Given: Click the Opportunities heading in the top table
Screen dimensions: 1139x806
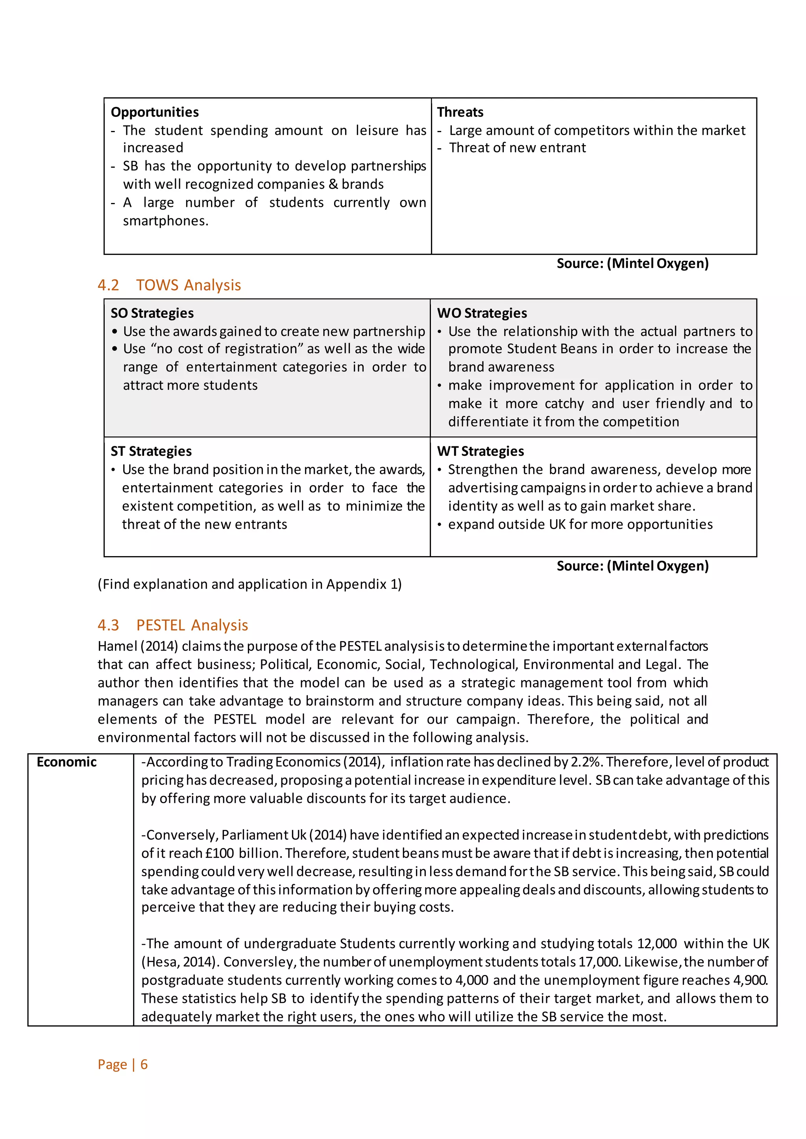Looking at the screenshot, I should tap(154, 112).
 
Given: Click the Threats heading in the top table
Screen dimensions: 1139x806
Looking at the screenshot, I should tap(460, 112).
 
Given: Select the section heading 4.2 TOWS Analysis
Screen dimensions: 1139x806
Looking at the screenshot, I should tap(169, 285).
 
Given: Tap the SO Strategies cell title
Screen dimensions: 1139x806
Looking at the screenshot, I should tap(152, 313).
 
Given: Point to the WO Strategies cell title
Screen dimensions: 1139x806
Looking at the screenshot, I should tap(482, 313).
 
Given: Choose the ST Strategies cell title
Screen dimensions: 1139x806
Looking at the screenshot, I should tap(151, 451).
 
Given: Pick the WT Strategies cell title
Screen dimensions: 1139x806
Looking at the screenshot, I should tap(481, 451).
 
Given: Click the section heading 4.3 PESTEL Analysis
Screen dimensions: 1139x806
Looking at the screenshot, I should tap(173, 625).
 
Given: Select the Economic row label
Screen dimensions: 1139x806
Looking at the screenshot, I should tap(67, 762).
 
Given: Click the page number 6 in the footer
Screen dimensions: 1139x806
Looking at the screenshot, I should tap(144, 1064).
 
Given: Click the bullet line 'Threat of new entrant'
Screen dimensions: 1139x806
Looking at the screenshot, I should tap(517, 148).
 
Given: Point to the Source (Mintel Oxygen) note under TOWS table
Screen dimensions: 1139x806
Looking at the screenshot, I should tap(632, 566).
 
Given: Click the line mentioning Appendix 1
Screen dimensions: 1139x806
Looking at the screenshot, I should tap(250, 584).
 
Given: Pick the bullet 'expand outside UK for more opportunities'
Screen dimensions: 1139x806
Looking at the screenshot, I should tap(580, 524).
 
